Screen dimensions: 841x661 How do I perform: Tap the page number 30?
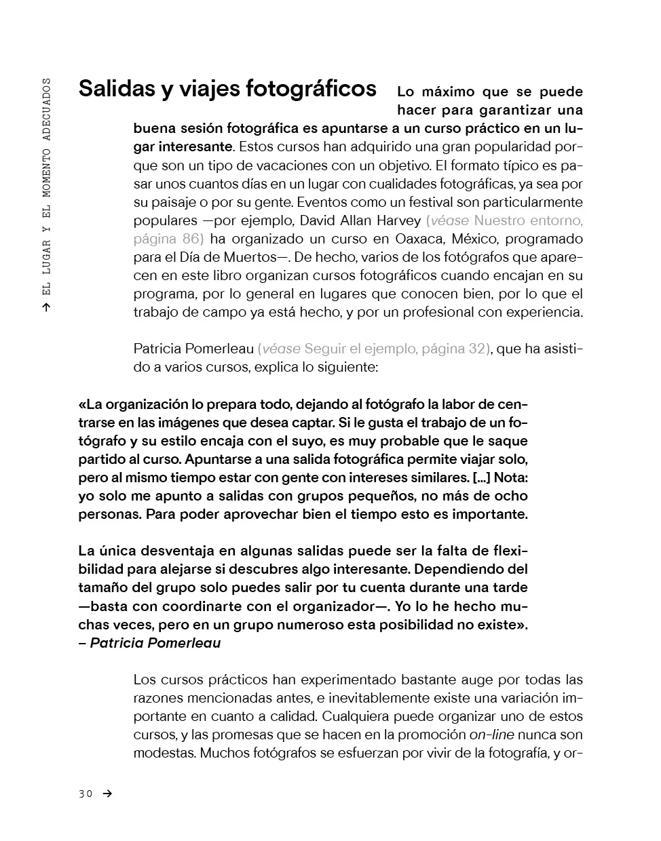(x=85, y=794)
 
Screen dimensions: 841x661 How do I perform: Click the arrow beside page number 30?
(x=107, y=794)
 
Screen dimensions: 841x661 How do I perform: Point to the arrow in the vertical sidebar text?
(x=46, y=307)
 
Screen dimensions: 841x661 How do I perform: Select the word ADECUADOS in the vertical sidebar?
(x=46, y=109)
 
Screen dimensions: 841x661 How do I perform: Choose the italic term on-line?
(x=492, y=735)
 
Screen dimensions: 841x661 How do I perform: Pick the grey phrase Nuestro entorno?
(x=528, y=220)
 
